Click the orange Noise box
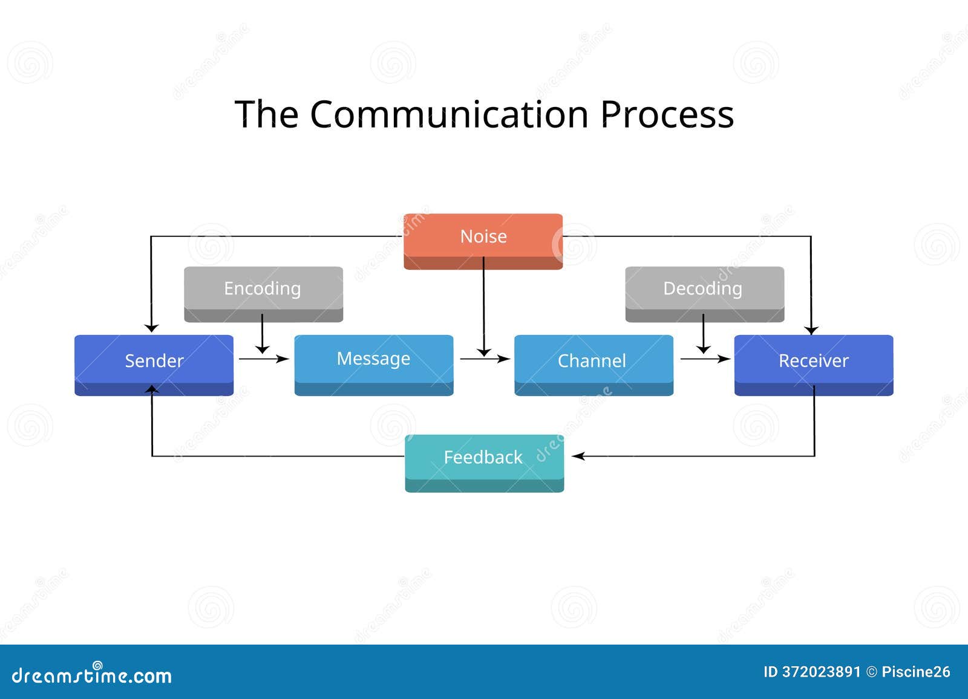[x=483, y=241]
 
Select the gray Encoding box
[x=264, y=294]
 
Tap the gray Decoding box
[x=705, y=294]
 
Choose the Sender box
[x=154, y=365]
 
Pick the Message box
[x=374, y=365]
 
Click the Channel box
[x=594, y=365]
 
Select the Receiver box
[x=814, y=365]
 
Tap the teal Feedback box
[x=485, y=463]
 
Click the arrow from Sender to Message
[x=264, y=359]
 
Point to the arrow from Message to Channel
[x=485, y=359]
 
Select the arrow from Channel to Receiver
[x=705, y=359]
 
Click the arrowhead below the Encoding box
[x=263, y=349]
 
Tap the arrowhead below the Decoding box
[x=704, y=349]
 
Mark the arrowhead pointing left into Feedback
[x=578, y=456]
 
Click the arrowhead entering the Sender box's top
[x=151, y=328]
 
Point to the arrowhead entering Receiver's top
[x=811, y=331]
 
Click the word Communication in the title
[x=449, y=114]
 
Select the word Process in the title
[x=667, y=114]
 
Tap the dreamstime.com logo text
[x=91, y=674]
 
